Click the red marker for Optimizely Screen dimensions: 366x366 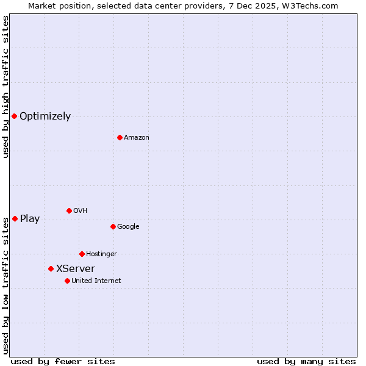coord(14,116)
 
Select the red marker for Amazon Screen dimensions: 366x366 coord(120,137)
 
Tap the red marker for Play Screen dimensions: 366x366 coord(15,218)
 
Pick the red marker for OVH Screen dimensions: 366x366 coord(69,210)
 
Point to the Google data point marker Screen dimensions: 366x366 coord(113,226)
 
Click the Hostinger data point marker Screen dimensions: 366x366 coord(82,254)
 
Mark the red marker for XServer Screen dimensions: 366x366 coord(51,268)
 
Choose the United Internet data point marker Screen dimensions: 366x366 coord(67,281)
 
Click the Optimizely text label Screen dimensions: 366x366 coord(45,116)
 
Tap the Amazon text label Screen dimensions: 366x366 coord(137,137)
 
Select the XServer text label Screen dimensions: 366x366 coord(76,268)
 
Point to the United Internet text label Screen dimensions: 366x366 coord(96,281)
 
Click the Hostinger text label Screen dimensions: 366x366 coord(101,254)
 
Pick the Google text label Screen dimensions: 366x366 coord(128,226)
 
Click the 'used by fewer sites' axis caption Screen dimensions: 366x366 coord(63,361)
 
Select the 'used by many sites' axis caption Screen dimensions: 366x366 coord(306,361)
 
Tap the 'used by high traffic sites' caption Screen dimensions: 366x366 coord(5,87)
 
